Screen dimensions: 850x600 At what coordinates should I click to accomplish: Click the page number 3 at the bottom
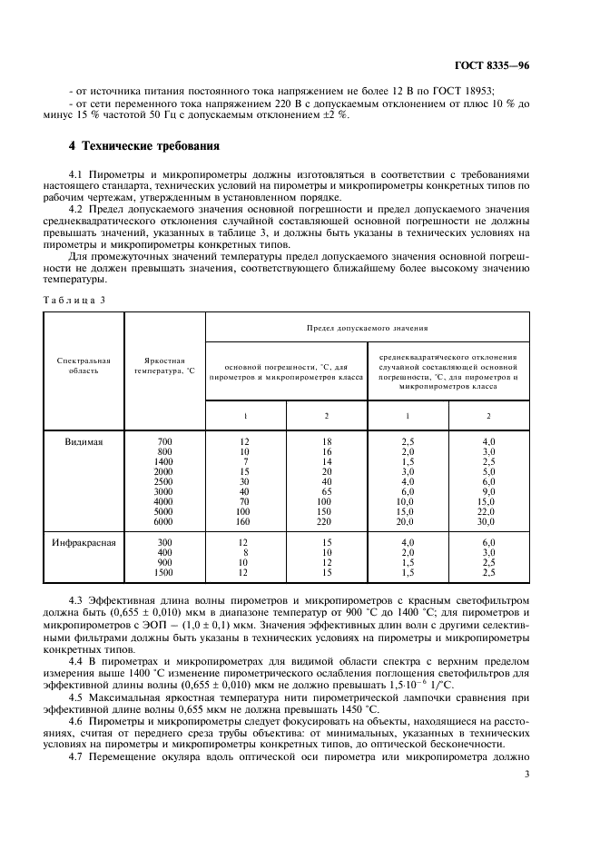coord(527,775)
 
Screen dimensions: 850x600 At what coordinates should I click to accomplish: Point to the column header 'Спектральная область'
coord(83,366)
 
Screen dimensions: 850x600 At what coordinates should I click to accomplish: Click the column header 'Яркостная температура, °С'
coord(164,366)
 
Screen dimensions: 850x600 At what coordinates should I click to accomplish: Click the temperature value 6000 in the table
coord(163,520)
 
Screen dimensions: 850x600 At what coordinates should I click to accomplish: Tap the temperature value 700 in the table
coord(164,441)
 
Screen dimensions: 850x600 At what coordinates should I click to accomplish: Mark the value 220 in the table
coord(327,520)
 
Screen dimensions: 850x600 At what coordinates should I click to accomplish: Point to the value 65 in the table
coord(327,490)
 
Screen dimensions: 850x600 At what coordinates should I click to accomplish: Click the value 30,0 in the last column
coord(488,520)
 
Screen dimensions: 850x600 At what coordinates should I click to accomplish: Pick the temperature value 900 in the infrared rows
coord(164,563)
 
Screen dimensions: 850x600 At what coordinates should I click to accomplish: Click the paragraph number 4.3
coord(77,602)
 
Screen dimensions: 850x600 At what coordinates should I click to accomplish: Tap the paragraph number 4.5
coord(77,697)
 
